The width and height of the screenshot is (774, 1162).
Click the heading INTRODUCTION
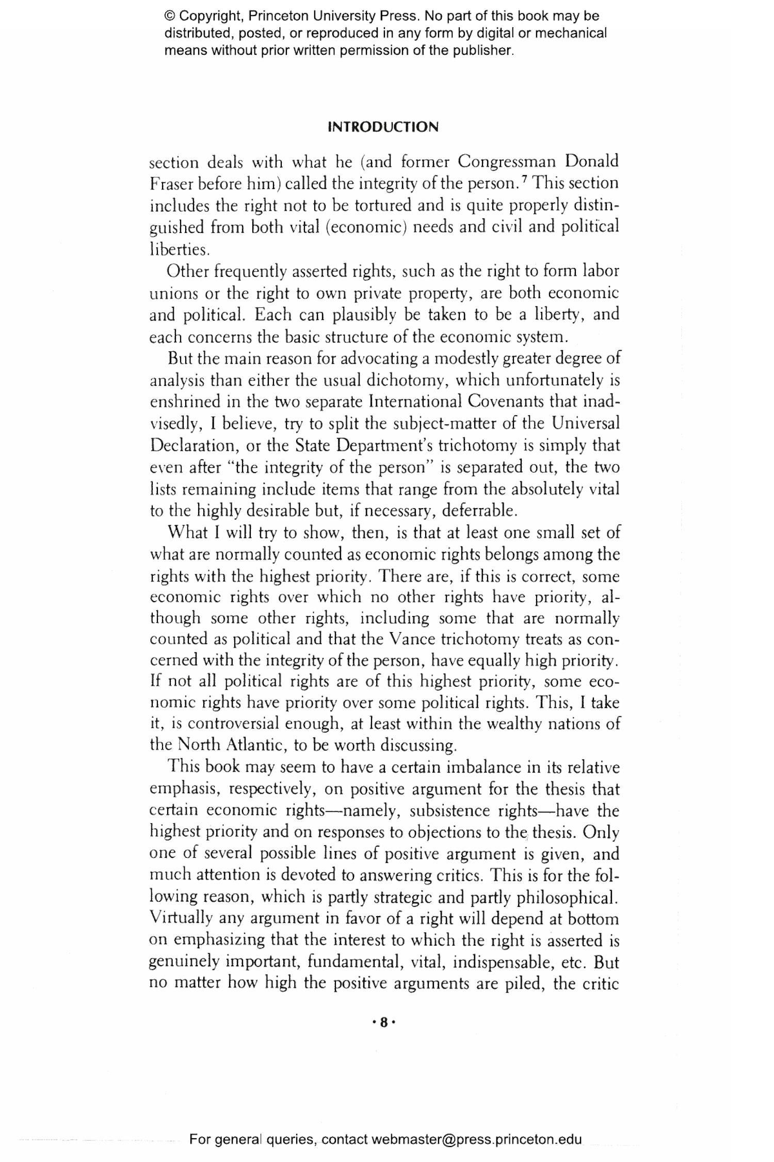click(x=383, y=127)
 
